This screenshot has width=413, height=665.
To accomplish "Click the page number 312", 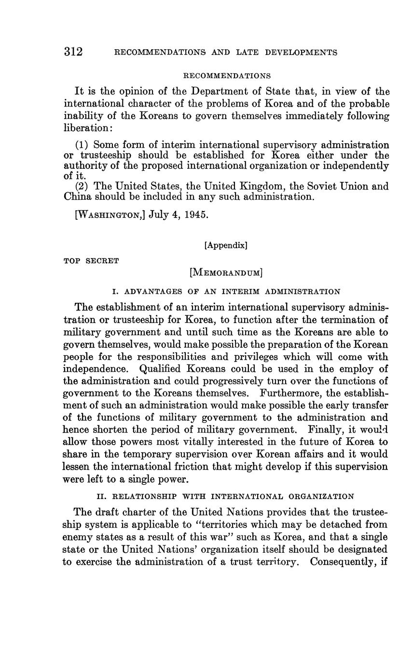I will pyautogui.click(x=73, y=52).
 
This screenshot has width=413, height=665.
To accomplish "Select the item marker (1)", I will pyautogui.click(x=82, y=145).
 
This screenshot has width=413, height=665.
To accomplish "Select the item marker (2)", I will pyautogui.click(x=82, y=186).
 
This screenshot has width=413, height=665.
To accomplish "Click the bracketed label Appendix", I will pyautogui.click(x=226, y=245).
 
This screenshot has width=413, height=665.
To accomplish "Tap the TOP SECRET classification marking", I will pyautogui.click(x=91, y=261).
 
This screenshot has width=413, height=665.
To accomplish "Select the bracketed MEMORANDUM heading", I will pyautogui.click(x=226, y=273).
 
